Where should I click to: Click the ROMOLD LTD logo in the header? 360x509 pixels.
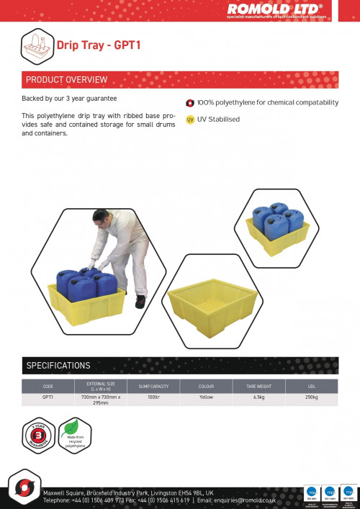275,9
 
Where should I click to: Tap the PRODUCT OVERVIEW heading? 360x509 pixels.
67,79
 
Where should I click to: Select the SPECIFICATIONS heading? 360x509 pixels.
58,365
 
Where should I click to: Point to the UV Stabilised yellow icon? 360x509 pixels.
190,120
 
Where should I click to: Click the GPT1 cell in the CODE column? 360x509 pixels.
48,397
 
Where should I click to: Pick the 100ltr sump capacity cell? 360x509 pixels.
153,397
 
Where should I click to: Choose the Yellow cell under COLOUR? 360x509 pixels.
206,397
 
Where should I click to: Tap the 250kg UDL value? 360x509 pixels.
311,397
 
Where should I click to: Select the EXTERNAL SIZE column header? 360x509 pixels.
101,386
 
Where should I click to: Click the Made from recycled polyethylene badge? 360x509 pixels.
75,436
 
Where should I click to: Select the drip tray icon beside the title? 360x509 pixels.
37,47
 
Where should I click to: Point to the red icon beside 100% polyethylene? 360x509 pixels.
190,103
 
